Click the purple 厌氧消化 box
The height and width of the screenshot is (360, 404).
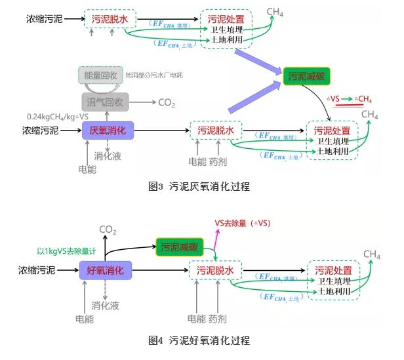[108, 131]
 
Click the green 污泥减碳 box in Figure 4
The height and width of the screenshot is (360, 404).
[180, 247]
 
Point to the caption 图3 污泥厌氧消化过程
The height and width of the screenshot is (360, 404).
[199, 186]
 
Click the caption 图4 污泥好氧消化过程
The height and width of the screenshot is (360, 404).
[199, 341]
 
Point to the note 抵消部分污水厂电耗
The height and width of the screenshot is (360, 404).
[153, 75]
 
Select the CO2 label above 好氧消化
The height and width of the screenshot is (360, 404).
[108, 229]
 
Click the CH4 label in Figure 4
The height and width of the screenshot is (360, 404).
[372, 254]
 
